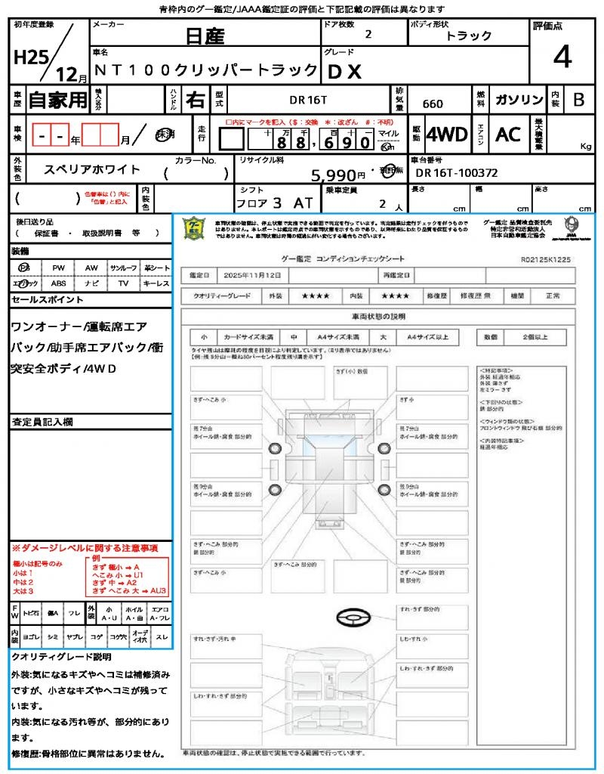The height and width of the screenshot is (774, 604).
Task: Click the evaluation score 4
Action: pos(562,57)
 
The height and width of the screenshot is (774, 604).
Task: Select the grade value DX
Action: pos(345,71)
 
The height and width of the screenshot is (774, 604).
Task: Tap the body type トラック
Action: pos(469,36)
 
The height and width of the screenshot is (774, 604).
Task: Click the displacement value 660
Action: pos(433,104)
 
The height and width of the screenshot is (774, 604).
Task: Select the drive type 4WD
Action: pos(446,135)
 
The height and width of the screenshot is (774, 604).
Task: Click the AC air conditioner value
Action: pos(508,135)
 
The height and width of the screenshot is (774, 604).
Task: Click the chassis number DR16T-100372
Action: pos(457,173)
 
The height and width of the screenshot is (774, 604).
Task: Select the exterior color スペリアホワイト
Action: pos(93,170)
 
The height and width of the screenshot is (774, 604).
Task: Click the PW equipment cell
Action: pos(58,268)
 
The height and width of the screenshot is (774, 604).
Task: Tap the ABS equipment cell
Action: pos(58,283)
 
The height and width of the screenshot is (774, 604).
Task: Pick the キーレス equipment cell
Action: pos(156,283)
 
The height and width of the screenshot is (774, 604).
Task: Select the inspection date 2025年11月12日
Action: pos(256,275)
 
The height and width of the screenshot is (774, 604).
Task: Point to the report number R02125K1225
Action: pos(546,259)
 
